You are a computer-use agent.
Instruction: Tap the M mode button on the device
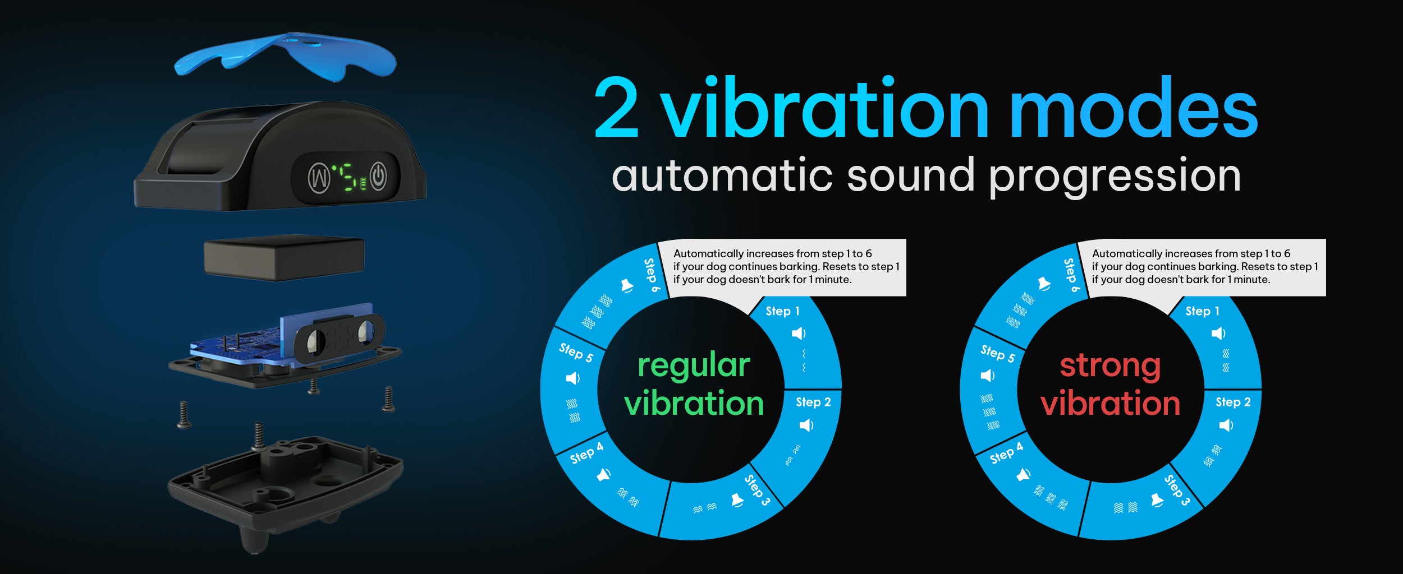pyautogui.click(x=319, y=178)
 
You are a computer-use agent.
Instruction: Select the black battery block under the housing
pyautogui.click(x=284, y=258)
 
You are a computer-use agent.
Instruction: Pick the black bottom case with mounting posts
pyautogui.click(x=285, y=488)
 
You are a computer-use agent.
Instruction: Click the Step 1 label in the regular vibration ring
pyautogui.click(x=782, y=311)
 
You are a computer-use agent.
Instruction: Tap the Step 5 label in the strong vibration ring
pyautogui.click(x=998, y=353)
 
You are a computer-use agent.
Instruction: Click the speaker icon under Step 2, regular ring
pyautogui.click(x=806, y=425)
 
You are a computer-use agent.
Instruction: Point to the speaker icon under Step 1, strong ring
pyautogui.click(x=1218, y=334)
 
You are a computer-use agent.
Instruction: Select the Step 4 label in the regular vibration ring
pyautogui.click(x=587, y=453)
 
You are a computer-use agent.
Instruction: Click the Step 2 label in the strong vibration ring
pyautogui.click(x=1233, y=402)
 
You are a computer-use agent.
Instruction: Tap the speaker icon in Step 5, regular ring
pyautogui.click(x=572, y=378)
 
